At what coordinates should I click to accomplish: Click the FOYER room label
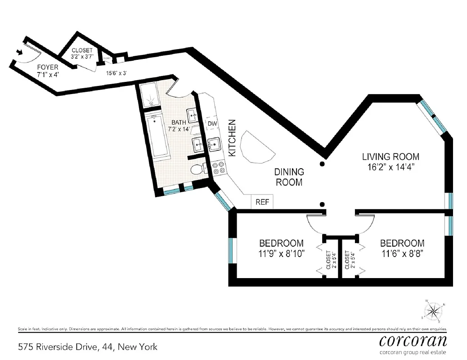pos(48,67)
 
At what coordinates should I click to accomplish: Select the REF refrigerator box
pos(262,202)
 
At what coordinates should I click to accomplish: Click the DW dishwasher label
pos(212,124)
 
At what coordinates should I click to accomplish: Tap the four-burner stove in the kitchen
pos(218,167)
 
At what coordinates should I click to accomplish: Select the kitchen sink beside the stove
pos(214,144)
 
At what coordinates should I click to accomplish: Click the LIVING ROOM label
pos(391,157)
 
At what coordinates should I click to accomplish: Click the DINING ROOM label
pos(289,177)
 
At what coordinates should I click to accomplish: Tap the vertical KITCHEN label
pos(233,138)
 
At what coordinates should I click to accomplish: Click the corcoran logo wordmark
pos(413,340)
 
